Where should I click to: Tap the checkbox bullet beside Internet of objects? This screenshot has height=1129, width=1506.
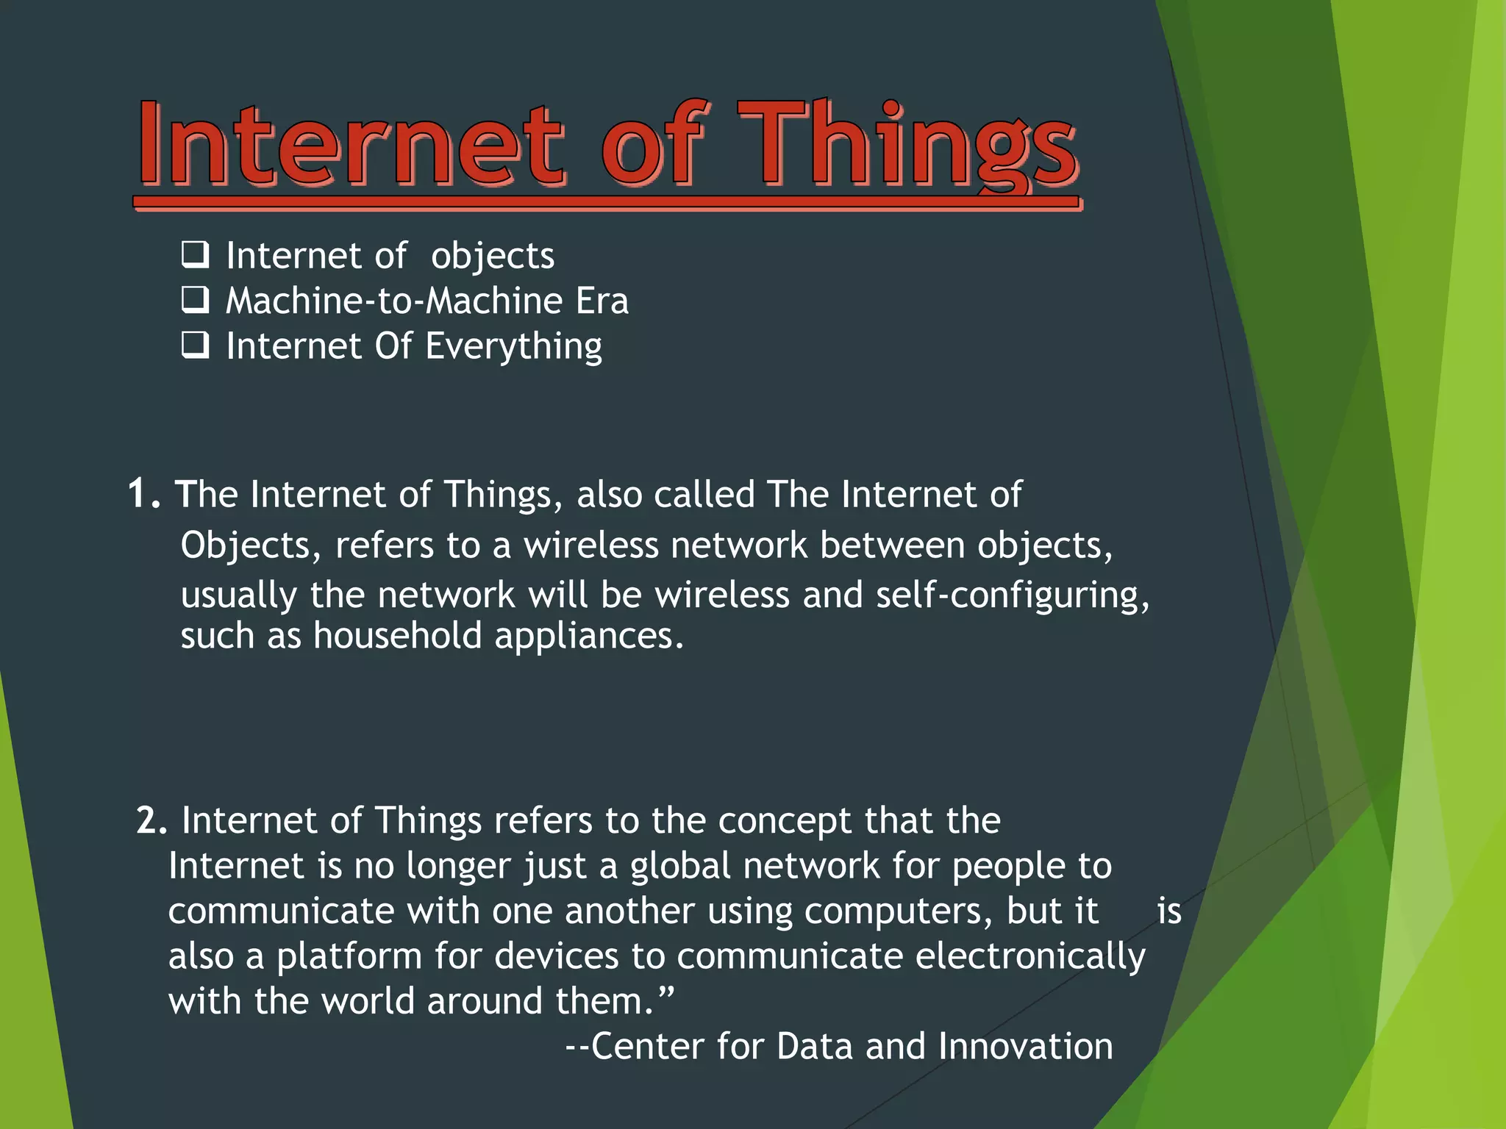[x=196, y=255]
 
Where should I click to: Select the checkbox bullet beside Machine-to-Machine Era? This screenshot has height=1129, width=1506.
[x=196, y=300]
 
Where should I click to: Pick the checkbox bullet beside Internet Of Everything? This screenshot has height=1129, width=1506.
[x=196, y=345]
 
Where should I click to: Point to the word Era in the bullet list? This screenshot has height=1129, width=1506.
[x=602, y=301]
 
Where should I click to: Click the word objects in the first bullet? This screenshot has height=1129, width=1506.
[x=492, y=257]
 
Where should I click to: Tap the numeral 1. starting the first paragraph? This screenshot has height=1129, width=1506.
[x=143, y=493]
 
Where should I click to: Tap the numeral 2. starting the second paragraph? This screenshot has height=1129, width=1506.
[x=152, y=820]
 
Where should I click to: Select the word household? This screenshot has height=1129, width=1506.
[x=397, y=635]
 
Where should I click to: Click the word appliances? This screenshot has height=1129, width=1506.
[x=588, y=637]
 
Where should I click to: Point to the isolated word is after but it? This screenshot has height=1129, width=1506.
[x=1168, y=911]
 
